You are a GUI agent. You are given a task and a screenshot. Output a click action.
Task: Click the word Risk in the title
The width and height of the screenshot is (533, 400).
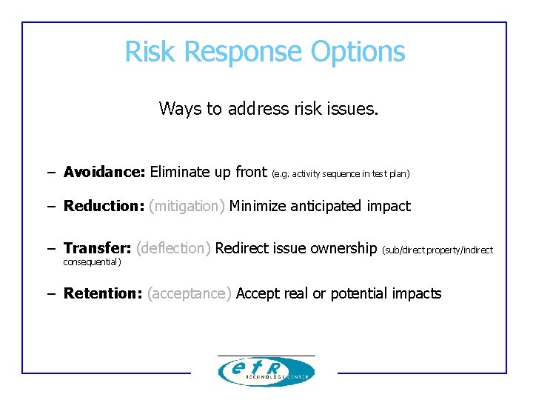[x=152, y=52]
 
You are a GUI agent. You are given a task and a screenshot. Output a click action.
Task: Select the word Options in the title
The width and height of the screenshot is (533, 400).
[x=358, y=52]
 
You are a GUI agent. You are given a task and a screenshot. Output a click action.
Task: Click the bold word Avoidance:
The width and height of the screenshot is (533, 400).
[x=104, y=173]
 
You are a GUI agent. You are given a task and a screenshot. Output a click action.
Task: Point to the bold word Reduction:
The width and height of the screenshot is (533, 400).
[x=104, y=206]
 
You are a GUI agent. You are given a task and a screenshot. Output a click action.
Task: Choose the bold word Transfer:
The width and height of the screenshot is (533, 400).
[x=97, y=248]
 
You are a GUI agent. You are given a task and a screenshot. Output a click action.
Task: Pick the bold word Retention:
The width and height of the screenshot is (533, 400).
[x=103, y=293]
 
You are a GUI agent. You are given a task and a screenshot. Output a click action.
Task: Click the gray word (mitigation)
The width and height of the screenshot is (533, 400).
[x=187, y=206]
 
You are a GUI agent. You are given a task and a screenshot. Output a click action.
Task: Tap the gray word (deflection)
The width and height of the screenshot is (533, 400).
[x=174, y=248]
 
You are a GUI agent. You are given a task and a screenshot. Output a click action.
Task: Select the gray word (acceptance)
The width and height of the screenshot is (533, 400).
[x=190, y=293]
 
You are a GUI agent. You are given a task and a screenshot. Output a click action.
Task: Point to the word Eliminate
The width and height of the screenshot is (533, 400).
[x=180, y=173]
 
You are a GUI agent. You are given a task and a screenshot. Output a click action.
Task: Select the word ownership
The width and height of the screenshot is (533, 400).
[x=343, y=248]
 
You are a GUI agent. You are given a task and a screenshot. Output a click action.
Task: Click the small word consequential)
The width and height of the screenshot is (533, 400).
[x=92, y=261]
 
